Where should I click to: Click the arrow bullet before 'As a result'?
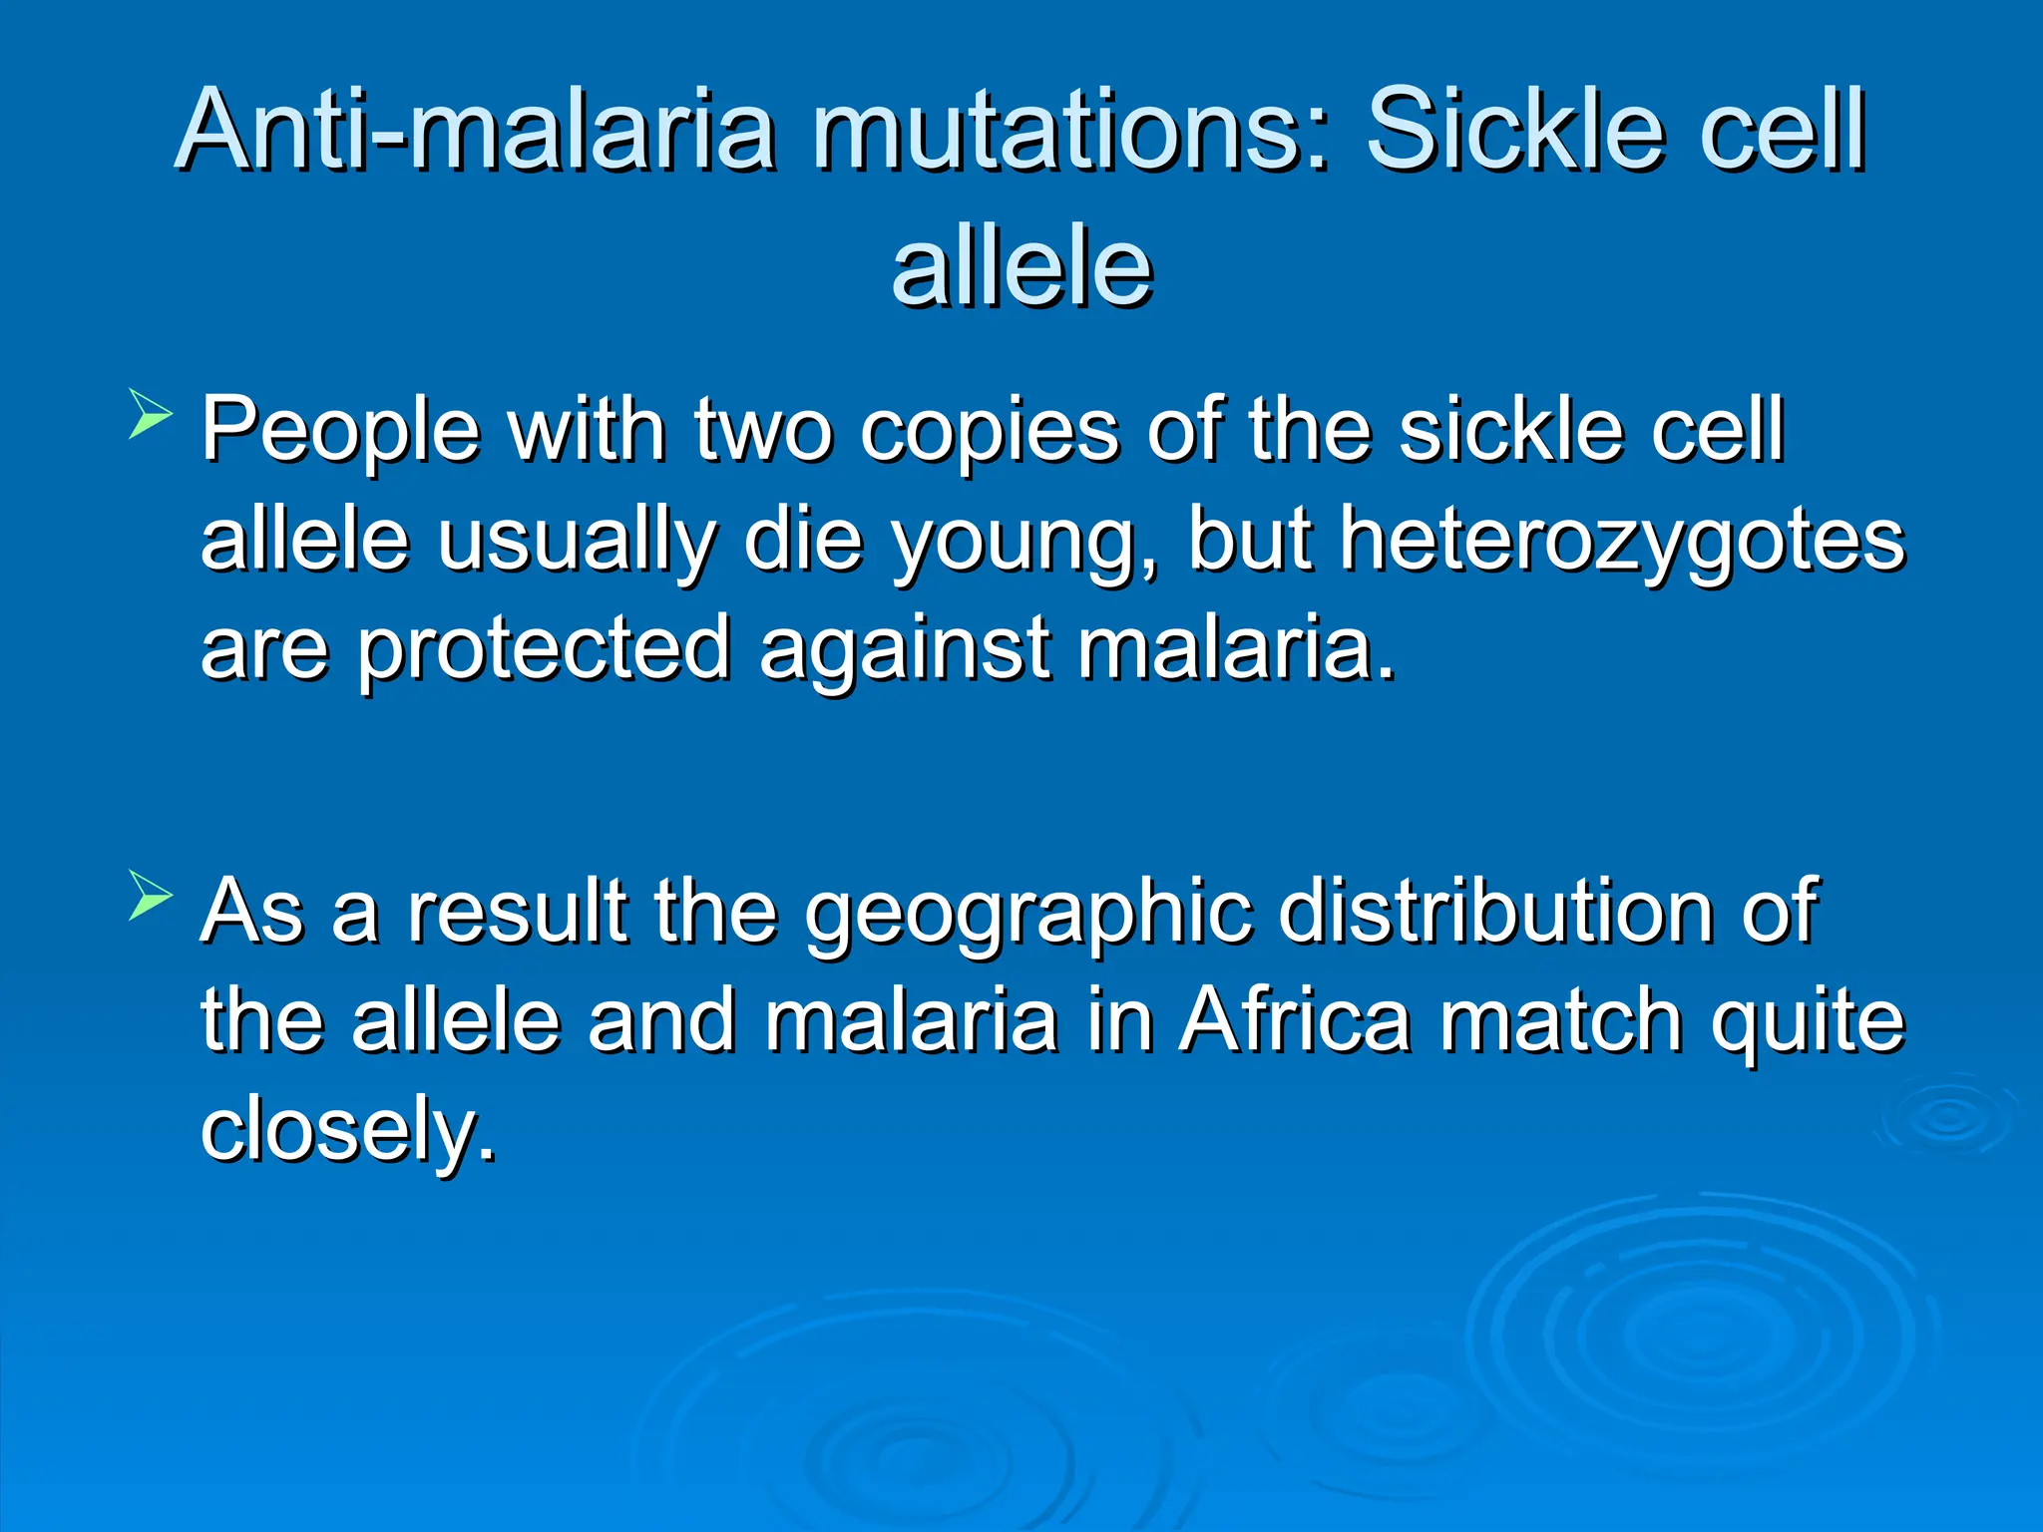pyautogui.click(x=151, y=895)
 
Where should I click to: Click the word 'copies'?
pyautogui.click(x=989, y=431)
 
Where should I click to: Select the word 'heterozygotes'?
pyautogui.click(x=1621, y=540)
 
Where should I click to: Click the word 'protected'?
pyautogui.click(x=545, y=650)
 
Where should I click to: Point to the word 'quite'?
pyautogui.click(x=1807, y=1021)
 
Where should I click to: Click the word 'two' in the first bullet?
pyautogui.click(x=762, y=431)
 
